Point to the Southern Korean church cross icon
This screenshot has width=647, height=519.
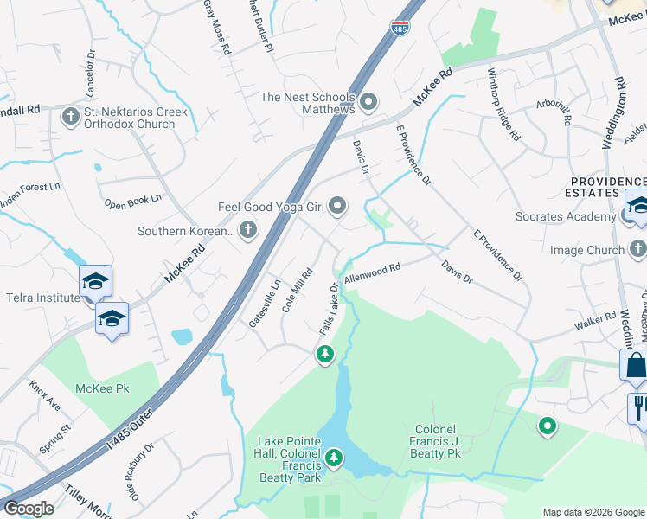248,230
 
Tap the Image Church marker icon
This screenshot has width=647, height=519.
637,250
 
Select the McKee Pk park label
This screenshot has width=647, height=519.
102,389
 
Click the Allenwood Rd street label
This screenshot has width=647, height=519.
372,274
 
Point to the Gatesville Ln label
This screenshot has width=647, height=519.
264,302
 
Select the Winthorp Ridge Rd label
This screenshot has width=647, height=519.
502,105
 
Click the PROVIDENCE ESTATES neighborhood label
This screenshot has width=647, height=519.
605,186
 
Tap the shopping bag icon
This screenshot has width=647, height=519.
634,367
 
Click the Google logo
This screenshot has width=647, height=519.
29,509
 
